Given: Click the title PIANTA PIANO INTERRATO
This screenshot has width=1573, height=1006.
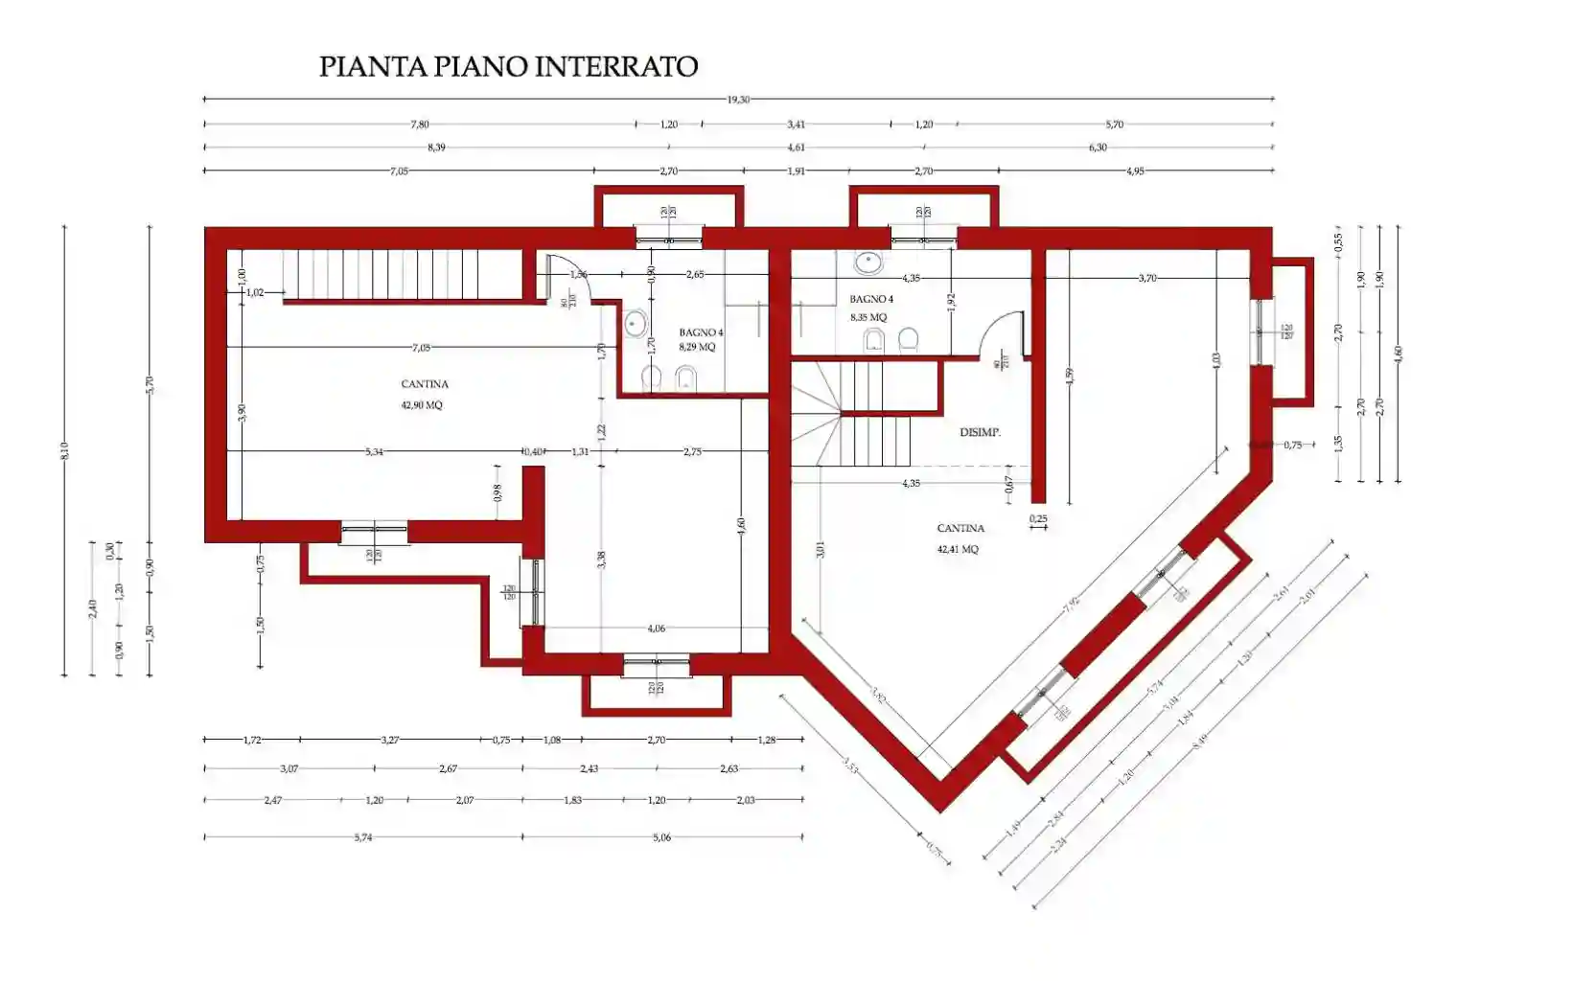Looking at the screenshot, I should point(508,67).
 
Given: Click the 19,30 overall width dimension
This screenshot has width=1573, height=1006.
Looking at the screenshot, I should point(738,99).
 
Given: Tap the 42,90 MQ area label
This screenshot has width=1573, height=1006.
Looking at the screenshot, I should point(422,405).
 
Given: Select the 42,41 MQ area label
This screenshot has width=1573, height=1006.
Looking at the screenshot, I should point(958,550).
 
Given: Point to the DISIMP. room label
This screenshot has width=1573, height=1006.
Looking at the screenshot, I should point(980,433).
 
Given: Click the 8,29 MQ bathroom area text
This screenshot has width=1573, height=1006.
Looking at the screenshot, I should point(697,348).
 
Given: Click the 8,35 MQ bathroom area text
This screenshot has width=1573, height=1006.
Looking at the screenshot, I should point(868,317).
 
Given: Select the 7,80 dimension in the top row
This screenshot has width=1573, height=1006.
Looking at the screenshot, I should point(420,125).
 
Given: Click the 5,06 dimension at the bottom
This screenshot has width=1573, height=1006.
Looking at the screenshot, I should point(661,837).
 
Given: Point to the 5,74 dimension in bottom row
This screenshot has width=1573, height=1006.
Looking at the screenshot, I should point(362,837).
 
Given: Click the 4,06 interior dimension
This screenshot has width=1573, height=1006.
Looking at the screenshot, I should point(656,629).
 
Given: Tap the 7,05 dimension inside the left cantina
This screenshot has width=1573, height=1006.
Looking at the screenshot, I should point(421,348).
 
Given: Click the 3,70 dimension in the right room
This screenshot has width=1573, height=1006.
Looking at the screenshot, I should point(1147,278).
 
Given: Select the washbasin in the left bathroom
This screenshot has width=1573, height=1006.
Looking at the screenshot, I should point(636,324).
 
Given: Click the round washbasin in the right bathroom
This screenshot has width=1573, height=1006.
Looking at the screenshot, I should point(868,261).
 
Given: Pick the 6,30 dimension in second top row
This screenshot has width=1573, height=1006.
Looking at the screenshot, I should point(1098,148).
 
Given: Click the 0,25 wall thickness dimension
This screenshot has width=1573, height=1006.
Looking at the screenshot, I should point(1038,519).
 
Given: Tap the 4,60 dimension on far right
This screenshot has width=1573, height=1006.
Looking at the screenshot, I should point(1399,354).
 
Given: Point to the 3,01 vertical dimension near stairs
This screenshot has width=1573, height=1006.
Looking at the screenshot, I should point(821,550).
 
